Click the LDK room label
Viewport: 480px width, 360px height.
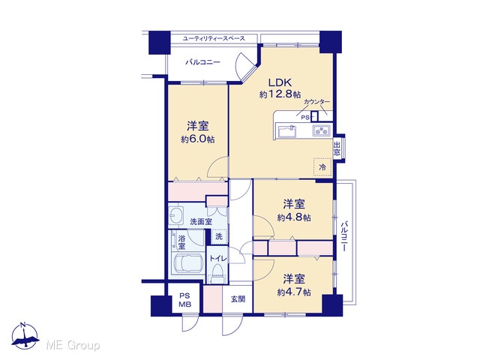point(280,82)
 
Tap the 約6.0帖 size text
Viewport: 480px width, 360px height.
point(198,139)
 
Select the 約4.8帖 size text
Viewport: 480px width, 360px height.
point(294,217)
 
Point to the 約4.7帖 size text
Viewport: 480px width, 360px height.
point(294,292)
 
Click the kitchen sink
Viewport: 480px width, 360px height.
point(287,132)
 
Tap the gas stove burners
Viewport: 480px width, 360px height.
point(322,131)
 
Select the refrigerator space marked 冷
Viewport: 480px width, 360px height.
point(322,167)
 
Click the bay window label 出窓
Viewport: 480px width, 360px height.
point(337,148)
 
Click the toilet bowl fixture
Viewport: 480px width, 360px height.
point(217,273)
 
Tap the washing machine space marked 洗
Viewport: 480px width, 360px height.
point(219,236)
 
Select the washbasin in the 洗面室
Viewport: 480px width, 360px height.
point(176,215)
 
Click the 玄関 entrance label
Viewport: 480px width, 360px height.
point(238,298)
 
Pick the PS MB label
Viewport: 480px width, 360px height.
point(185,300)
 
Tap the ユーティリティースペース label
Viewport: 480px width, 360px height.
point(214,38)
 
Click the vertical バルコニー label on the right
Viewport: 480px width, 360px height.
point(345,236)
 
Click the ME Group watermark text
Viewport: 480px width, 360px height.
point(73,345)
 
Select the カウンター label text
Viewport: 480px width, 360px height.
point(316,102)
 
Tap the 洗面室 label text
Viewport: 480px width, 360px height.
point(201,222)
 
